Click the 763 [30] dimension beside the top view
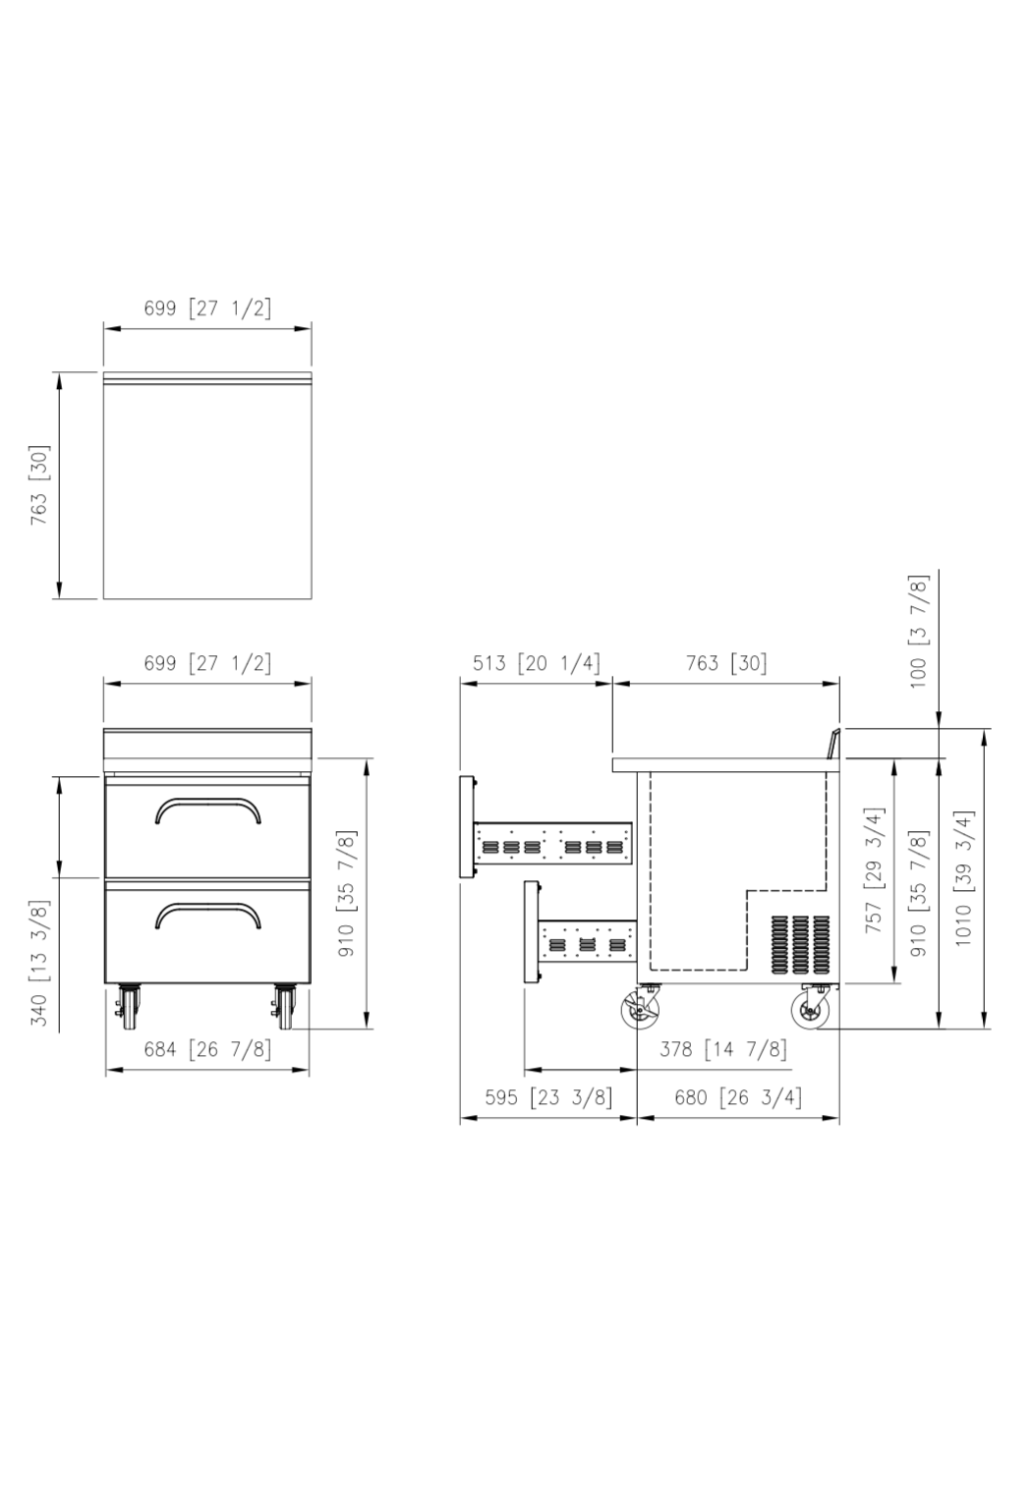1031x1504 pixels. click(40, 484)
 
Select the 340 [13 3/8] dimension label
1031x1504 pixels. click(40, 963)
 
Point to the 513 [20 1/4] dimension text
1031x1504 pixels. click(536, 663)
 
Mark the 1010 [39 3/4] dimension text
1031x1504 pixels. click(963, 878)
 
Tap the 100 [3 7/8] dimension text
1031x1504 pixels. click(918, 631)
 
